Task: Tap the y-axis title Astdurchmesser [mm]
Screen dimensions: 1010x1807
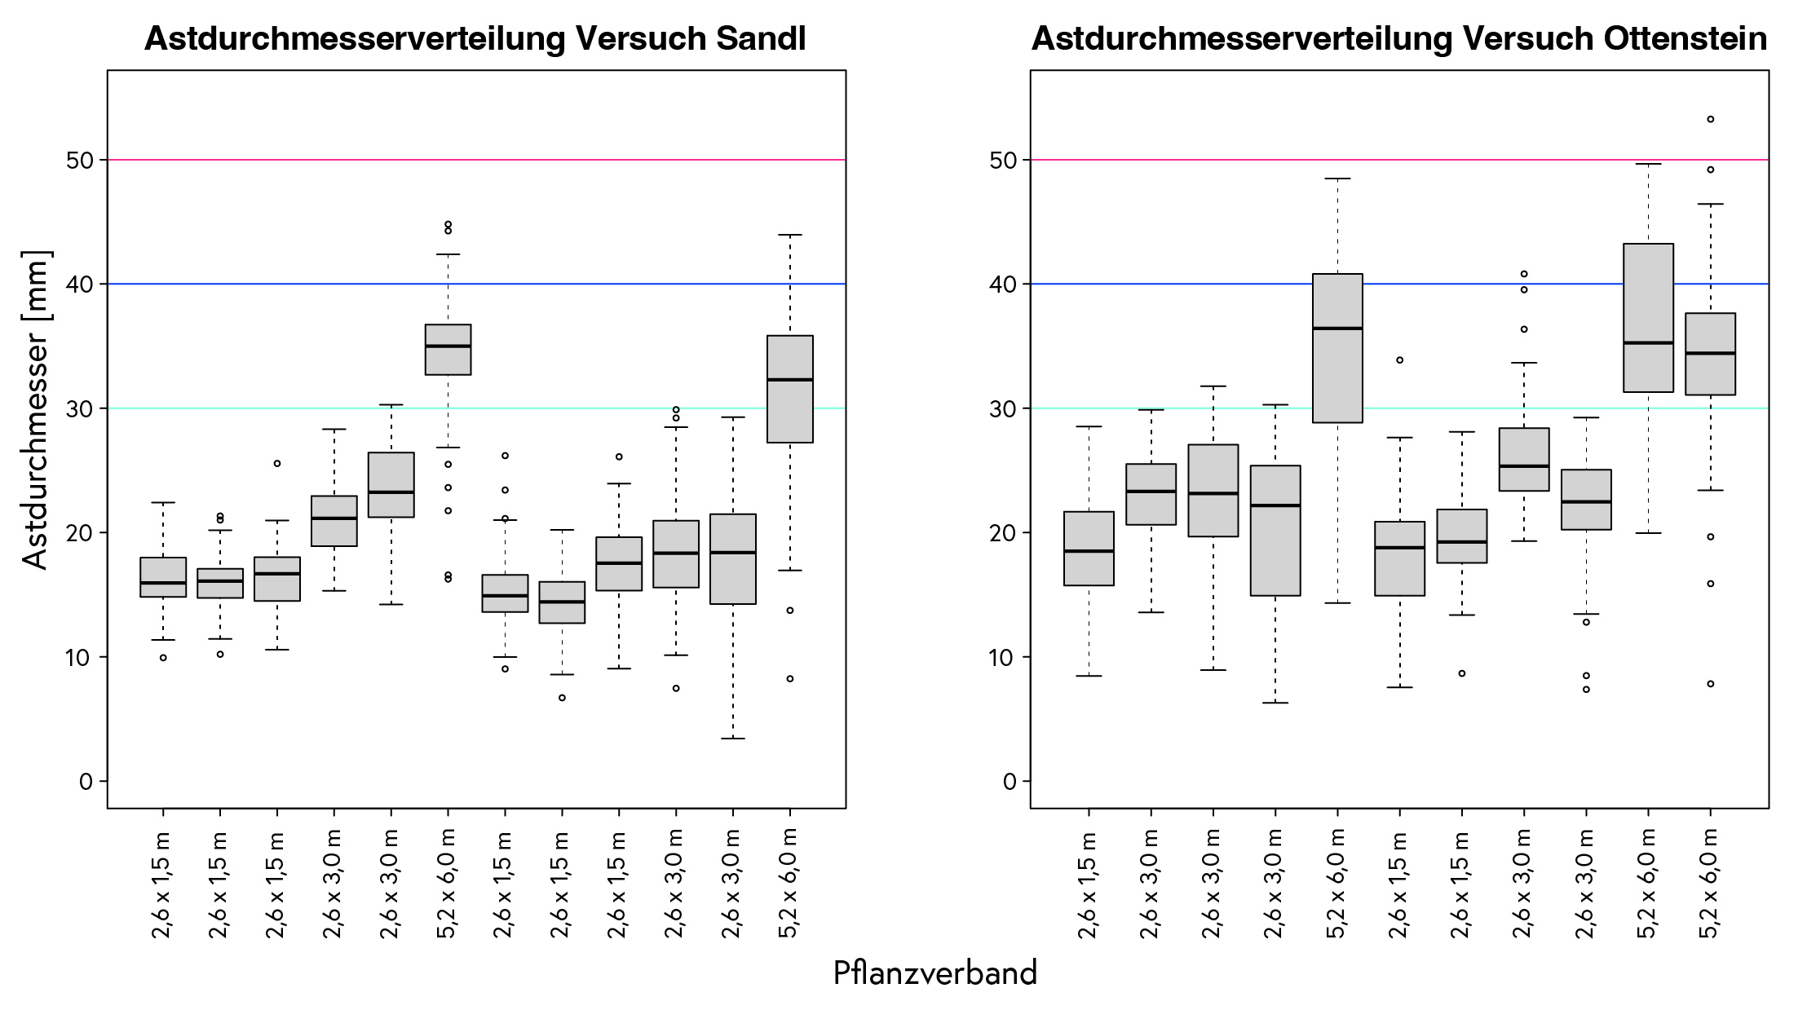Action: point(37,409)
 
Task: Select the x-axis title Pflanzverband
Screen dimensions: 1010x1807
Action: point(934,973)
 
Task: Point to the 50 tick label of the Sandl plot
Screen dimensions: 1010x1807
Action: point(80,160)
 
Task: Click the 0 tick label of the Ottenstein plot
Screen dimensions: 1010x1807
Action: point(1010,782)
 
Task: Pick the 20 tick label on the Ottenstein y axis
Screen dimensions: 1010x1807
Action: point(1003,533)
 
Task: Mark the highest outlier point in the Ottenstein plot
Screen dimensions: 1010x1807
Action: point(1710,119)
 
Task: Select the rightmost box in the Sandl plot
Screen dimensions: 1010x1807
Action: point(789,389)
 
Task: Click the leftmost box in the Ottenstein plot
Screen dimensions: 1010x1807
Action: point(1089,548)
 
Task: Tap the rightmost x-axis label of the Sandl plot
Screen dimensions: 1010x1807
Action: point(789,884)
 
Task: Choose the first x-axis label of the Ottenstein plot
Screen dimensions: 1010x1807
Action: point(1089,884)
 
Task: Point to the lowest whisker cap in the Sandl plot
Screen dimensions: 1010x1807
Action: point(732,739)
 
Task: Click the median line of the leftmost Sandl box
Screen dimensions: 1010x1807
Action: point(163,583)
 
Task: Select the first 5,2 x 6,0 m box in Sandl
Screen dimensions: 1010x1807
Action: point(448,350)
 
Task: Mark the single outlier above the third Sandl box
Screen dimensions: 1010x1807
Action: point(277,463)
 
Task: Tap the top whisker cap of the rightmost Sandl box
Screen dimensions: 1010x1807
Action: point(789,235)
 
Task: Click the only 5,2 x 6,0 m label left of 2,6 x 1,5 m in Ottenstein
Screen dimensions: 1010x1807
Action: point(1337,884)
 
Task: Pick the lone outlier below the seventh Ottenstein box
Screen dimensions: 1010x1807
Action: point(1462,673)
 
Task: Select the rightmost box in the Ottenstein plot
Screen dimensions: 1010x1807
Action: point(1710,354)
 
